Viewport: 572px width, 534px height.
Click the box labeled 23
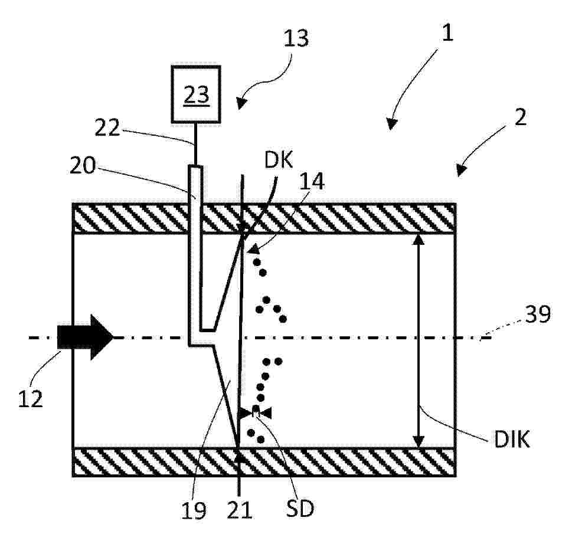click(x=196, y=94)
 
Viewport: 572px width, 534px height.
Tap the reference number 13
click(x=296, y=38)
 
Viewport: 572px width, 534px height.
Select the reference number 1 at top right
click(x=447, y=31)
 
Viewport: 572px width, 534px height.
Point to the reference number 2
click(x=520, y=117)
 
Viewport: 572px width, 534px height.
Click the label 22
click(x=107, y=128)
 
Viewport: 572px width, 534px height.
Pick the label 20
click(x=83, y=166)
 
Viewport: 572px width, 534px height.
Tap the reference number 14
click(x=312, y=181)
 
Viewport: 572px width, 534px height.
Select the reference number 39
click(x=538, y=314)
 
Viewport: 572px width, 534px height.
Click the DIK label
click(x=511, y=439)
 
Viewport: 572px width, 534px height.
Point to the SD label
click(x=300, y=509)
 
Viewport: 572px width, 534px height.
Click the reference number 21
click(x=240, y=509)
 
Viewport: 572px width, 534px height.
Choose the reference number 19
click(x=194, y=510)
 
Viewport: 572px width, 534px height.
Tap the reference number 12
click(x=31, y=399)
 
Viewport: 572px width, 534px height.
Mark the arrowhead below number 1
click(x=391, y=124)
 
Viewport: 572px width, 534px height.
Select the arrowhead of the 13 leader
click(x=241, y=103)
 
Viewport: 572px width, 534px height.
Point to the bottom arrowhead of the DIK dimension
click(x=419, y=442)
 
